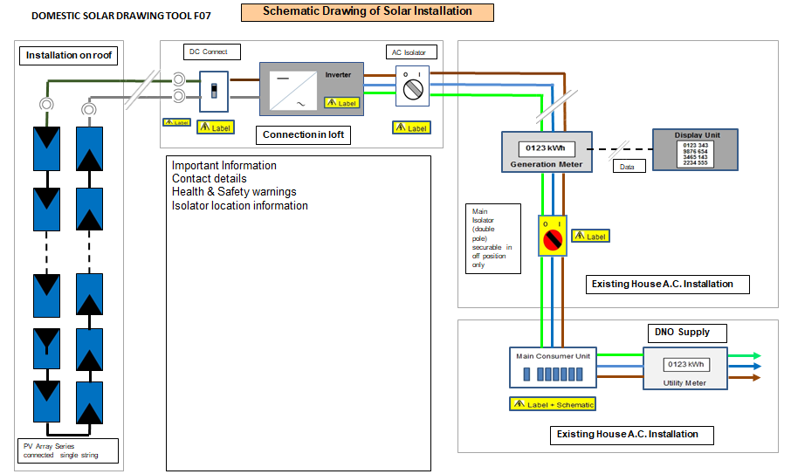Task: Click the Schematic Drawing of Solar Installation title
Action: coord(368,12)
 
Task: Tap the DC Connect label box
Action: coord(209,52)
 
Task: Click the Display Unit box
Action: coord(695,149)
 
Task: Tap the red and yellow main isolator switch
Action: coord(553,236)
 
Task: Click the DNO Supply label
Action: coord(682,333)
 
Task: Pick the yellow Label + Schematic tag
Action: coord(552,404)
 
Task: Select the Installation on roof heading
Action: coord(69,56)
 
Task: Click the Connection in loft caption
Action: coord(302,134)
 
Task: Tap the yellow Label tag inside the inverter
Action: coord(341,102)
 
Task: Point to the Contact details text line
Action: coord(210,179)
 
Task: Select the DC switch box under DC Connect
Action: coord(214,91)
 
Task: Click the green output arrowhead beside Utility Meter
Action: coord(756,355)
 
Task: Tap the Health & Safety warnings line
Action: coord(234,192)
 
